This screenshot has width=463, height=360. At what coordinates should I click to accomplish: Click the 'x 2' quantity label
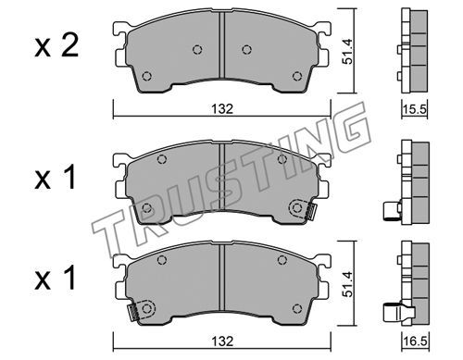coord(56,46)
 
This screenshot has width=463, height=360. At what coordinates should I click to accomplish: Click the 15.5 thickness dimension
coord(415,109)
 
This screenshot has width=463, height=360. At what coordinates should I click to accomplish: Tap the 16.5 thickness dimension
coord(415,341)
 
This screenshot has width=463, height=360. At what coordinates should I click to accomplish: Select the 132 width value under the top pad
coord(222,109)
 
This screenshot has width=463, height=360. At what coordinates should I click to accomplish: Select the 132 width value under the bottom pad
coord(222,341)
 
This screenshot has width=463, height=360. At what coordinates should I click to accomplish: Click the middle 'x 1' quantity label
coord(56,178)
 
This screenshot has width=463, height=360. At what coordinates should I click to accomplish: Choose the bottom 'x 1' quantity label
coord(56,279)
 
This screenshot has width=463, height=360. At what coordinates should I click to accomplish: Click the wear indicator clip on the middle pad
coord(310,212)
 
